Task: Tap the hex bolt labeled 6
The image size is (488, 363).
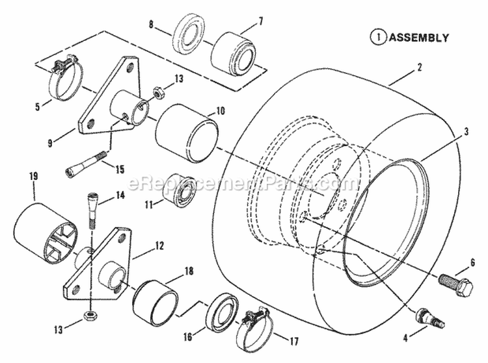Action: pyautogui.click(x=454, y=284)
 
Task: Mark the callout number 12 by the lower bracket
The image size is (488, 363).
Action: pyautogui.click(x=159, y=243)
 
